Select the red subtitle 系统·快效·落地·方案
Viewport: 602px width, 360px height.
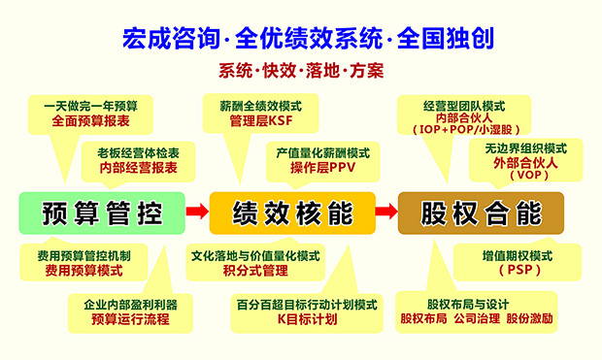301,71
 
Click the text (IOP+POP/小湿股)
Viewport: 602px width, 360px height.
463,129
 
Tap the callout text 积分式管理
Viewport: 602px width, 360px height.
252,270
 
